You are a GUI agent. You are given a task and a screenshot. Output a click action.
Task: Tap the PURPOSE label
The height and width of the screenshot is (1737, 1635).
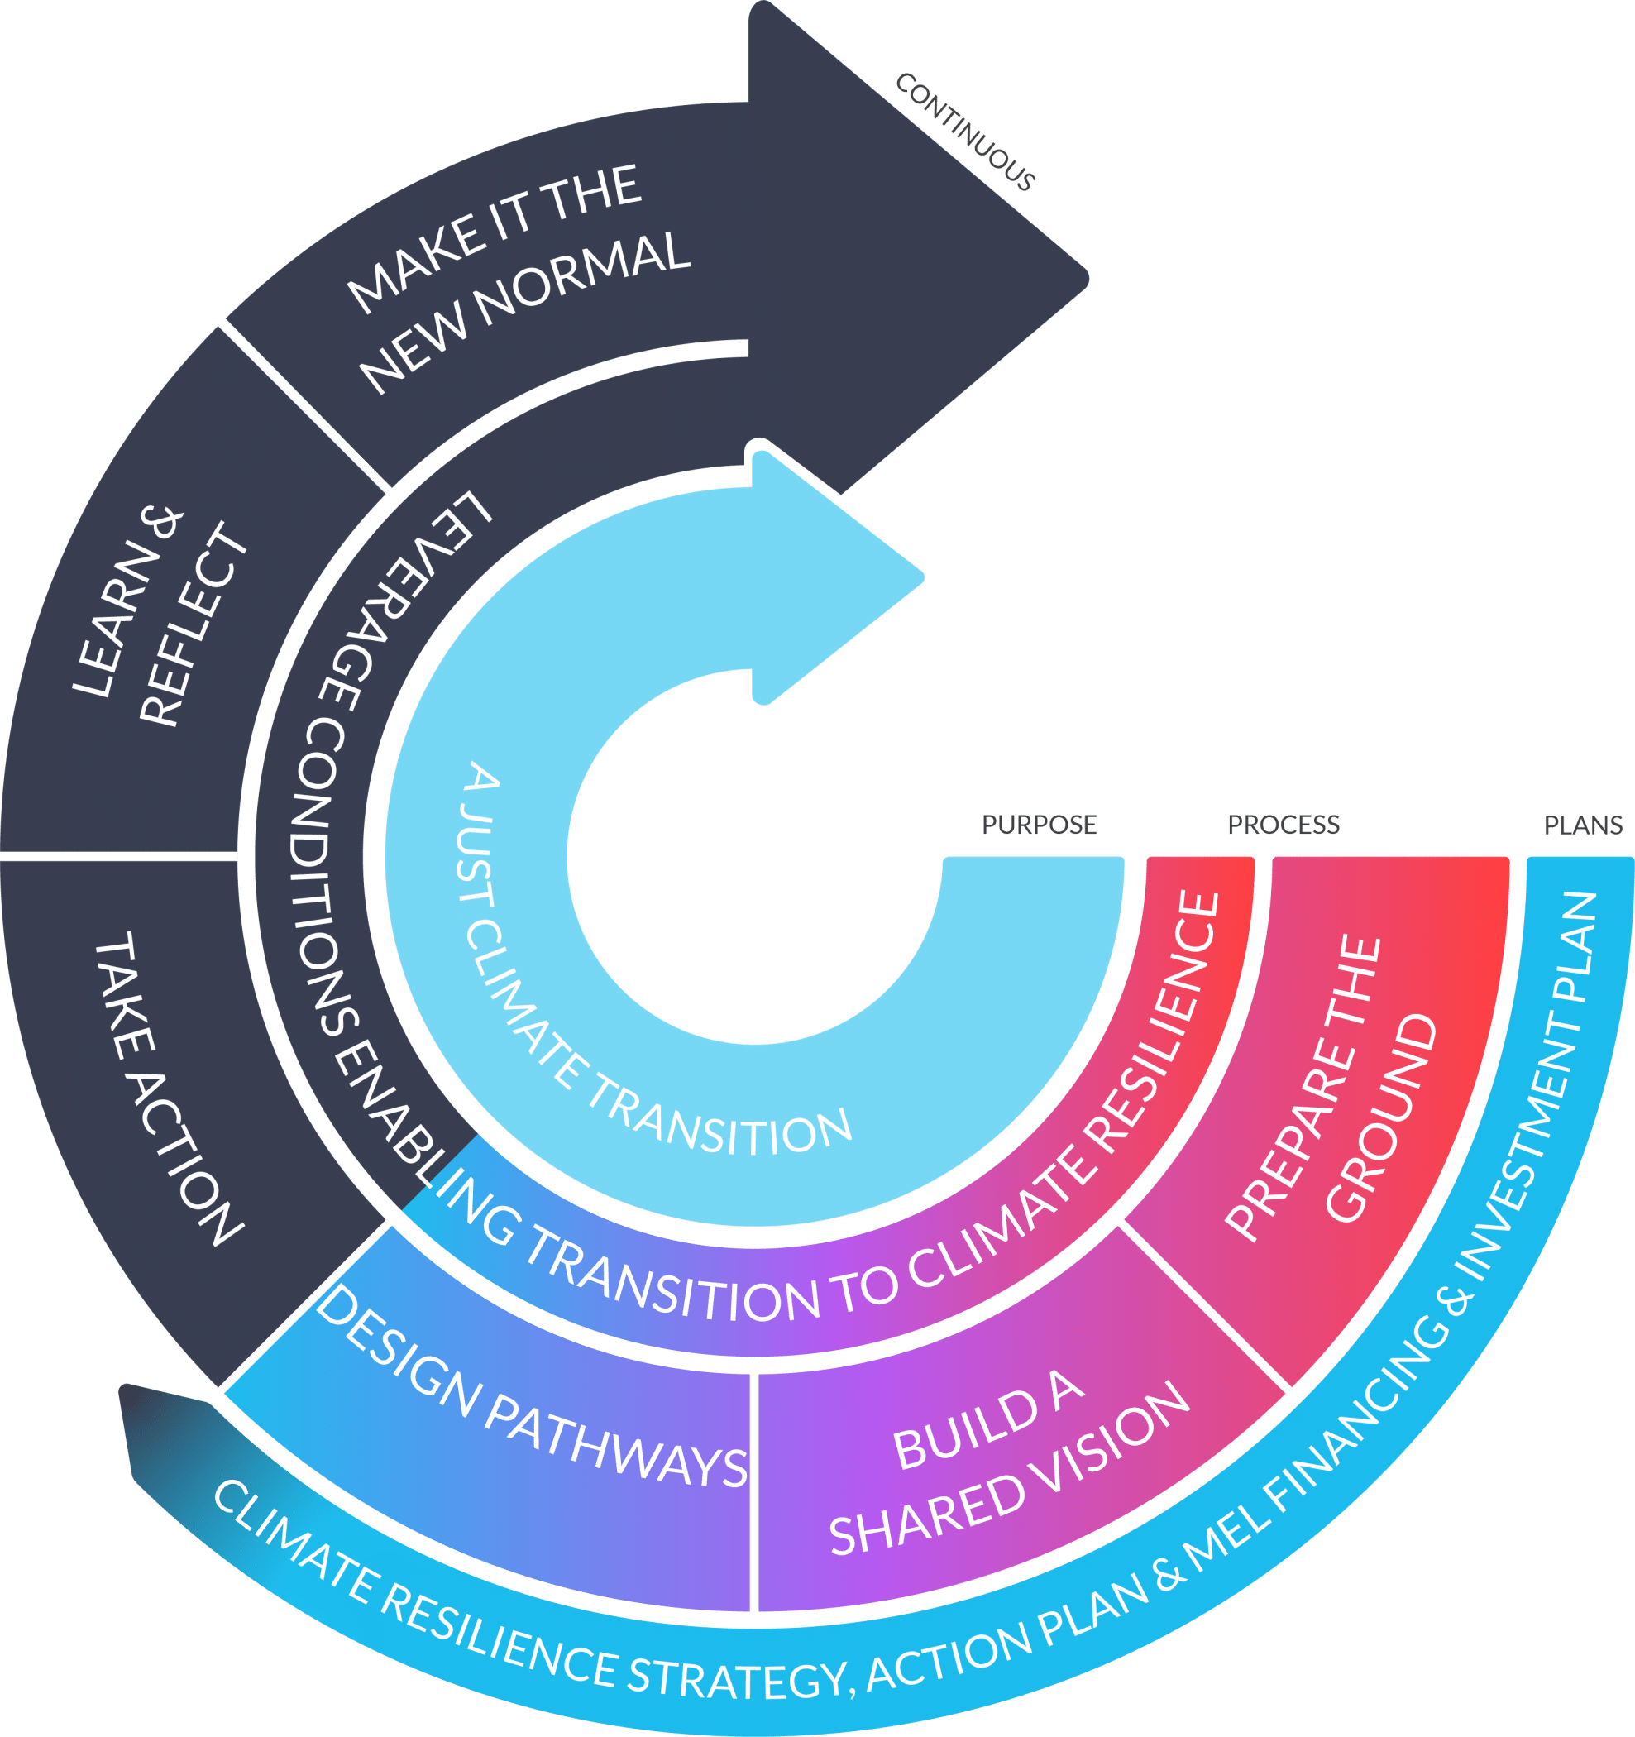pos(1039,825)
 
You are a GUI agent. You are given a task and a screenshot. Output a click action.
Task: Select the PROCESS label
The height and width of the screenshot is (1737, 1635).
pos(1283,825)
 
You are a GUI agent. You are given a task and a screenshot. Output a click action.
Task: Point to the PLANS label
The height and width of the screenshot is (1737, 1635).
pos(1583,825)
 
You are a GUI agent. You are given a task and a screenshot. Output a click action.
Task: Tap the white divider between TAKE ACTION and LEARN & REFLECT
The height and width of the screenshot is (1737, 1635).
pos(119,856)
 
